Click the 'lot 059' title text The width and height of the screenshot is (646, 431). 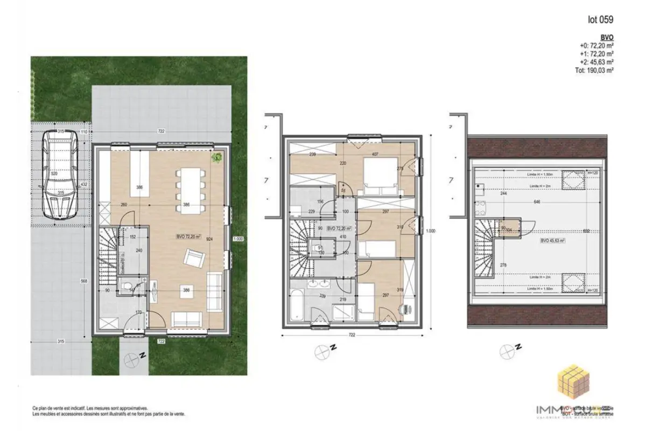point(600,20)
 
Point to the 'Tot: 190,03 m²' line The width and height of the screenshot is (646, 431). point(595,69)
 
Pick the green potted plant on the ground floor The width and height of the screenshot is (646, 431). point(217,157)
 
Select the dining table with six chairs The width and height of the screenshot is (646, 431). point(191,190)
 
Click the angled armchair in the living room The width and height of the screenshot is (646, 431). point(194,259)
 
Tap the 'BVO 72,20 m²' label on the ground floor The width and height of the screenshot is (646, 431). point(188,237)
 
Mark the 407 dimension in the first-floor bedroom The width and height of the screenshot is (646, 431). point(375,154)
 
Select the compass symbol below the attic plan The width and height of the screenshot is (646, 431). point(507,352)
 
